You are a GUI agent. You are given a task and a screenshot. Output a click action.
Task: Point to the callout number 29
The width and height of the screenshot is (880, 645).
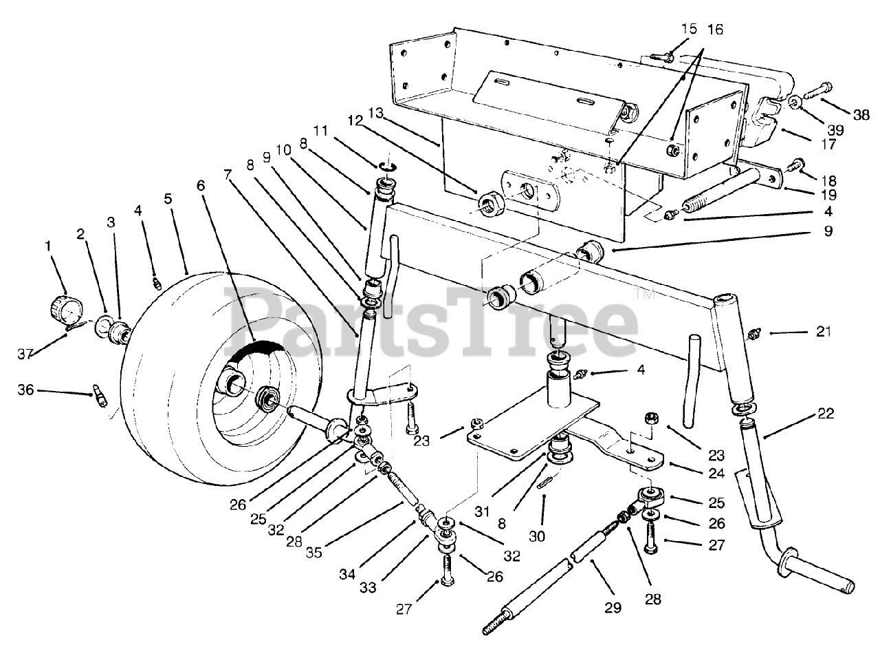613,607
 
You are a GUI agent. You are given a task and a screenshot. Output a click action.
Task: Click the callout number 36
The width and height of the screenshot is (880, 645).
25,390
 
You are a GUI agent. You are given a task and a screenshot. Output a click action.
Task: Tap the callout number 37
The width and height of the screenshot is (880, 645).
25,354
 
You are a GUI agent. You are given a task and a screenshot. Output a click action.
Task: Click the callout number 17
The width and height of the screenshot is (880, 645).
828,145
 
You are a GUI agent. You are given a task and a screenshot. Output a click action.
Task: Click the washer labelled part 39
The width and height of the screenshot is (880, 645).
794,103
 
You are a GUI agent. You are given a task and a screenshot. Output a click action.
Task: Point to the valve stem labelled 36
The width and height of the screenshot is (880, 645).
100,397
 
